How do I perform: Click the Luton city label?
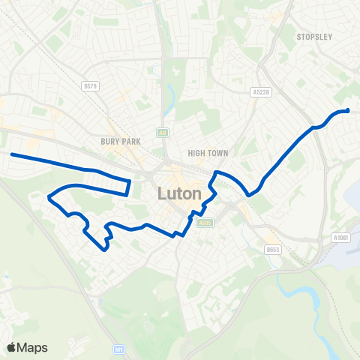(x=180, y=193)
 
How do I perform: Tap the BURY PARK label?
(x=115, y=140)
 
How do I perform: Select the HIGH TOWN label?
(x=208, y=153)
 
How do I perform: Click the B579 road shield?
(x=91, y=86)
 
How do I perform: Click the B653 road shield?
(x=271, y=250)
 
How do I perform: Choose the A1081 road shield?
(x=340, y=238)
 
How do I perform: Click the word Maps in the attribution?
(x=33, y=347)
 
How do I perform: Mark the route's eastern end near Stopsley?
(x=349, y=111)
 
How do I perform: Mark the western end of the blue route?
(x=11, y=154)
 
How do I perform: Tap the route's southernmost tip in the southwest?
(x=103, y=250)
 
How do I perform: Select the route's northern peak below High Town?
(x=217, y=172)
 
